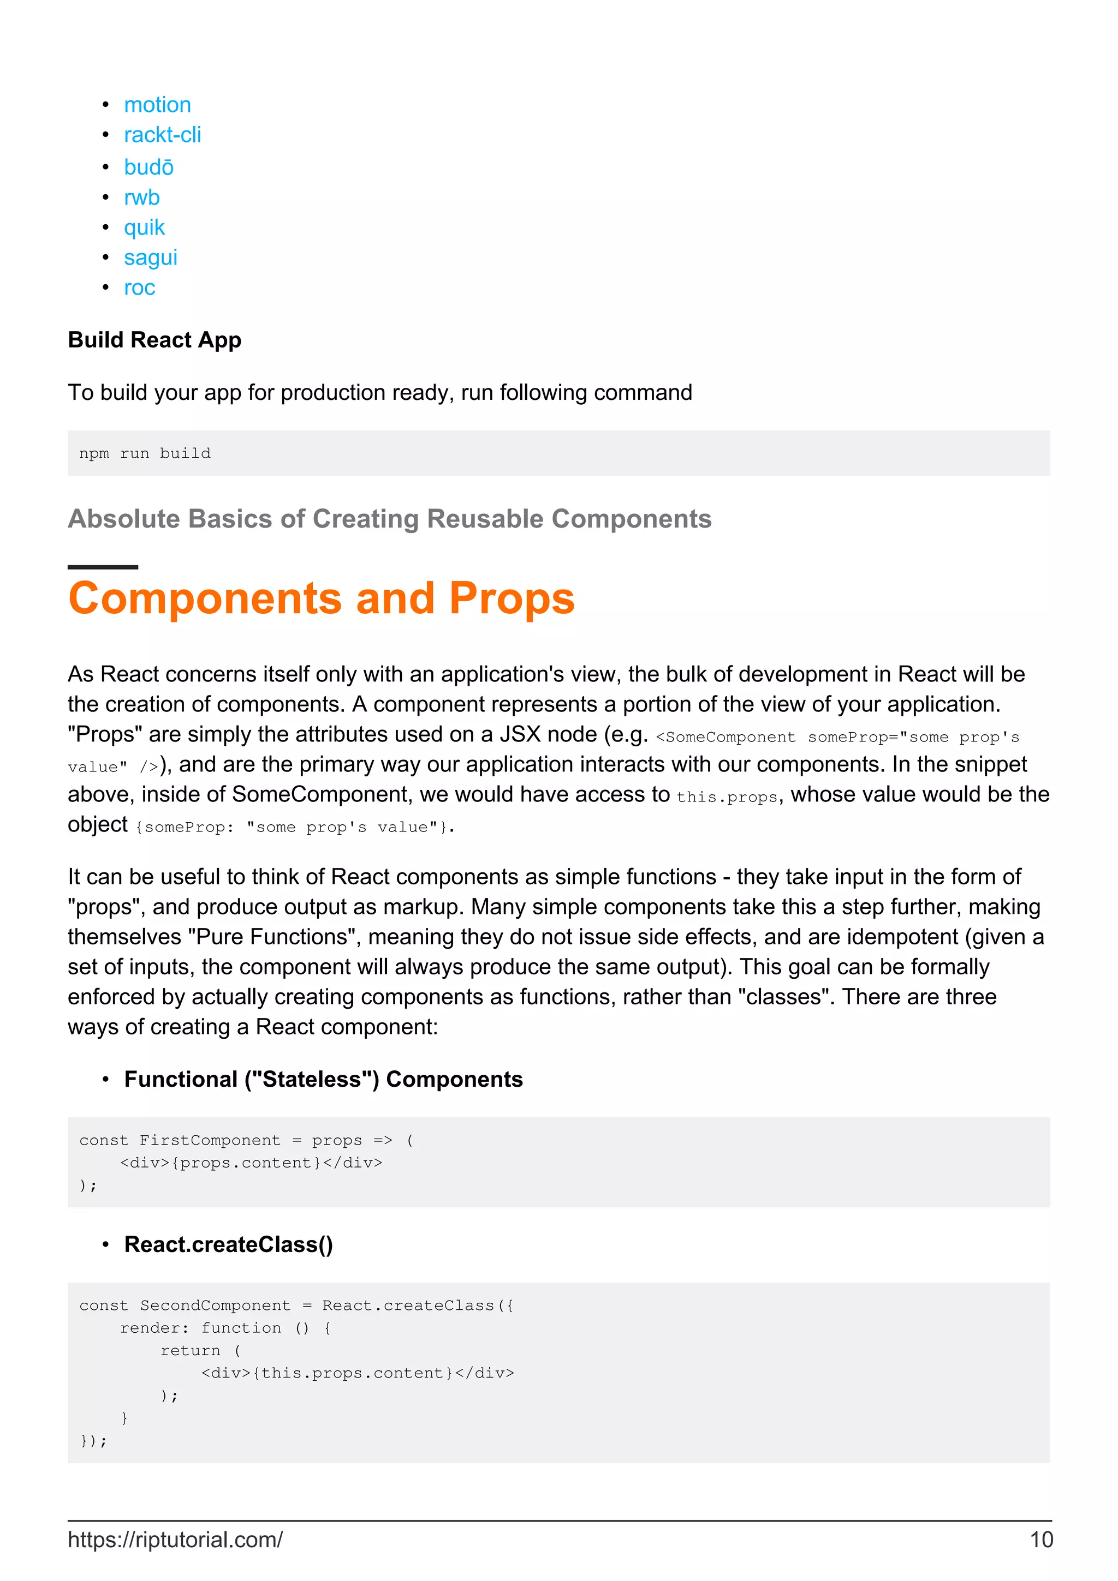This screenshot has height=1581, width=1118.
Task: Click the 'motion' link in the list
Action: tap(157, 105)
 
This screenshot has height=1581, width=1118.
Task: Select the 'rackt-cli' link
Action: tap(162, 135)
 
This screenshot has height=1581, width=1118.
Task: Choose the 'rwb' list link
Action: tap(141, 197)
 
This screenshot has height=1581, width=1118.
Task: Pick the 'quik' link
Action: tap(144, 227)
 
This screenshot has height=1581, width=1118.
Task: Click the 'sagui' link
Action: tap(150, 257)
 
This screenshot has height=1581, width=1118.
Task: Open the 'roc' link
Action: tap(139, 288)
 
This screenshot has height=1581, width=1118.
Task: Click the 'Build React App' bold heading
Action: tap(154, 340)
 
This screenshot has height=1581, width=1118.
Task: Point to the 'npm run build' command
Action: tap(145, 454)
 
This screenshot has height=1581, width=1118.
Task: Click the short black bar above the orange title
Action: tap(103, 567)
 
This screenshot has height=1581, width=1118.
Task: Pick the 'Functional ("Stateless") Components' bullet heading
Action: tap(323, 1080)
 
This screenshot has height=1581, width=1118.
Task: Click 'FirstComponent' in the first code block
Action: tap(210, 1141)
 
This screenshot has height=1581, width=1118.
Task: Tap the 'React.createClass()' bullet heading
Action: tap(228, 1245)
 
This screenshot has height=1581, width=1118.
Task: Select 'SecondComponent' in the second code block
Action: tap(215, 1306)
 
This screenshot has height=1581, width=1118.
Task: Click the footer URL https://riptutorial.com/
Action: tap(175, 1540)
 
